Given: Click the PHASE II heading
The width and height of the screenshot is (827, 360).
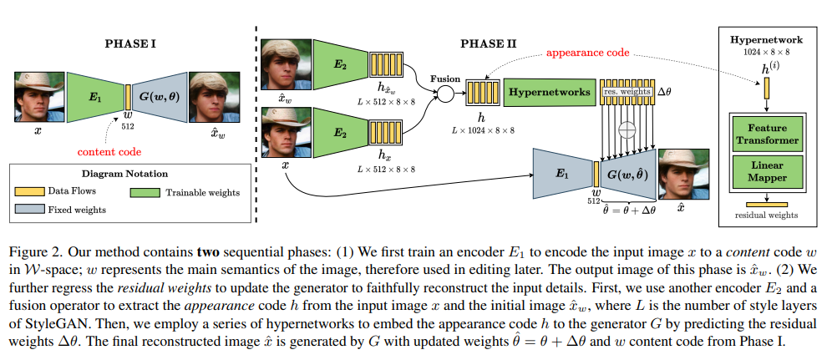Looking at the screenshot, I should click(x=488, y=42).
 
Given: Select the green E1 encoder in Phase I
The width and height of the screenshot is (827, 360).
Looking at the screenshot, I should click(x=94, y=97).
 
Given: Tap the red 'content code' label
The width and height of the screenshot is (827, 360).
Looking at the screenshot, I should click(x=109, y=152).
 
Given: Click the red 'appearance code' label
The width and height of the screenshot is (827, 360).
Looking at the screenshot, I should click(x=588, y=53).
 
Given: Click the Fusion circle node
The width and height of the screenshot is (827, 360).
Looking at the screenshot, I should click(x=445, y=93).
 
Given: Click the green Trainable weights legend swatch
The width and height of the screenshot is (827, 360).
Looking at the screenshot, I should click(x=146, y=192).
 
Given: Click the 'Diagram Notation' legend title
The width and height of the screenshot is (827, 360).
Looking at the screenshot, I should click(x=124, y=174).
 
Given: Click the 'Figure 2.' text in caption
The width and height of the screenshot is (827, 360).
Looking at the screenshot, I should click(x=37, y=251).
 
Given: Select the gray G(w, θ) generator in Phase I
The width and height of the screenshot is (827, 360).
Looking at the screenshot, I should click(x=159, y=97).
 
